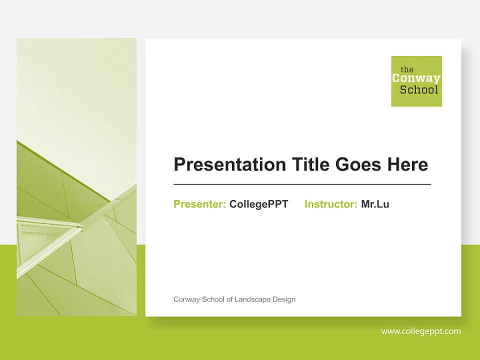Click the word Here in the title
click(406, 164)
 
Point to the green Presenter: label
click(199, 204)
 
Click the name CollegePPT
click(258, 204)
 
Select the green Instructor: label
click(330, 204)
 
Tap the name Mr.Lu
click(375, 204)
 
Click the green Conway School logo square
click(416, 81)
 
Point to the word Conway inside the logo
click(416, 78)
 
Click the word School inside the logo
click(419, 90)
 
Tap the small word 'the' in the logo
click(407, 69)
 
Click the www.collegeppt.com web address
click(421, 331)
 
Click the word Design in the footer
click(283, 299)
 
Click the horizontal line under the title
click(302, 184)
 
